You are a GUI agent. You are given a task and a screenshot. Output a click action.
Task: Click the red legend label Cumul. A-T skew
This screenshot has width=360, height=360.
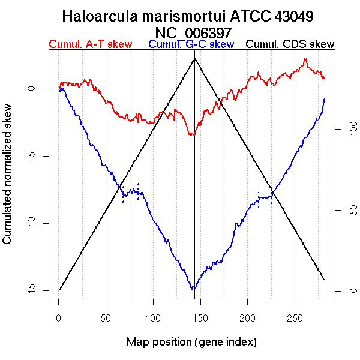pyautogui.click(x=90, y=44)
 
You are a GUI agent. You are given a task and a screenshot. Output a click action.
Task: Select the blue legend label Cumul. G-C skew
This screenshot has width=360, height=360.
pyautogui.click(x=191, y=44)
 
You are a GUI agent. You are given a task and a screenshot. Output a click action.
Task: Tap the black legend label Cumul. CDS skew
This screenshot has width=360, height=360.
pyautogui.click(x=290, y=44)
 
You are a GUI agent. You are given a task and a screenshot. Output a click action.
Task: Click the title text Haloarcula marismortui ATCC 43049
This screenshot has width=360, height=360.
pyautogui.click(x=188, y=16)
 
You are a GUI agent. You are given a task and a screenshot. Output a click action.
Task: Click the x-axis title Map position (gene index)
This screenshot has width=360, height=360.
pyautogui.click(x=191, y=342)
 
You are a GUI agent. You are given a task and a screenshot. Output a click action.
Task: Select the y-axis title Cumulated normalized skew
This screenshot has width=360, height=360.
pyautogui.click(x=8, y=181)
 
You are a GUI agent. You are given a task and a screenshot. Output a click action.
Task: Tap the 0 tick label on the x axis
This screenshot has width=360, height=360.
pyautogui.click(x=58, y=317)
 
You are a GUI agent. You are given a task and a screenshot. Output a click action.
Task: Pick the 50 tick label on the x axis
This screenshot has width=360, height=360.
pyautogui.click(x=106, y=317)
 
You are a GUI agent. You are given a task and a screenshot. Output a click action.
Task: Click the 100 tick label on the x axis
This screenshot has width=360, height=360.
pyautogui.click(x=153, y=317)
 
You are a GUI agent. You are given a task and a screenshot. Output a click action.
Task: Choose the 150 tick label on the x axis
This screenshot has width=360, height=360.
pyautogui.click(x=200, y=317)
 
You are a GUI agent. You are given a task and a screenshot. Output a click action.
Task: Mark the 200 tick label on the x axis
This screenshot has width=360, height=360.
pyautogui.click(x=248, y=317)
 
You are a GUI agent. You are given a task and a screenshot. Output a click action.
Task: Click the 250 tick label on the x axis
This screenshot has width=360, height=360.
pyautogui.click(x=295, y=317)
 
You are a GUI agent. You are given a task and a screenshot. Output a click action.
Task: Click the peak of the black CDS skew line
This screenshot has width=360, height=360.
pyautogui.click(x=194, y=59)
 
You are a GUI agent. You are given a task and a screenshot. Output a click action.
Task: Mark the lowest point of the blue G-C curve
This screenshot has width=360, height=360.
pyautogui.click(x=193, y=289)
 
